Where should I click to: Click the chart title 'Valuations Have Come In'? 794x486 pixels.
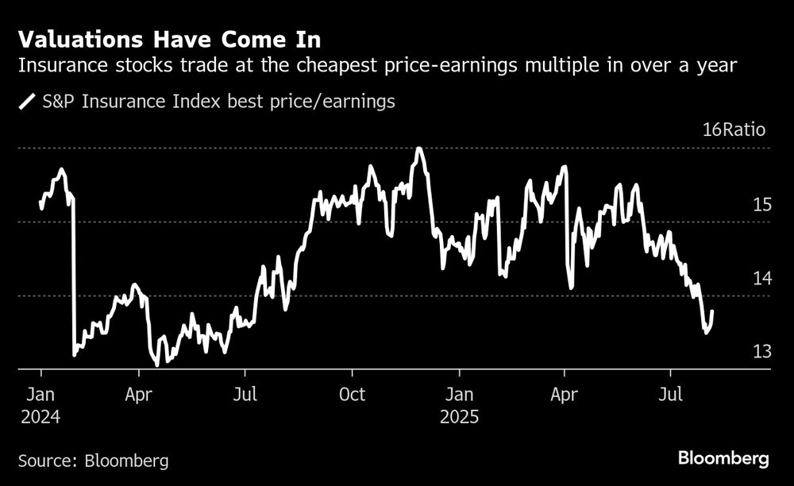(x=171, y=39)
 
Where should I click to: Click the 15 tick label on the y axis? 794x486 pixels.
(x=761, y=205)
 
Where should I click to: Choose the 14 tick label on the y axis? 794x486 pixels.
(x=761, y=278)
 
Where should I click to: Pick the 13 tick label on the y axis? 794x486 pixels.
(x=761, y=351)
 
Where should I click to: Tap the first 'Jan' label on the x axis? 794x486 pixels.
(x=41, y=394)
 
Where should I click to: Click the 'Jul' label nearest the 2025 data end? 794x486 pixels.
(x=672, y=394)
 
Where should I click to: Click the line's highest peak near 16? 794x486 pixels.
(x=418, y=148)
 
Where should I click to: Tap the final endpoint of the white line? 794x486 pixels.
(x=712, y=311)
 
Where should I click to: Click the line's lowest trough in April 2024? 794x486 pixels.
(x=156, y=364)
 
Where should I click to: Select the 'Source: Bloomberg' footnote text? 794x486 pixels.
(x=93, y=461)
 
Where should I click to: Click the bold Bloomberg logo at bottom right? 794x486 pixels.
(x=723, y=458)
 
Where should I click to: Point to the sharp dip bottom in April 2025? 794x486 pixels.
(x=572, y=287)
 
